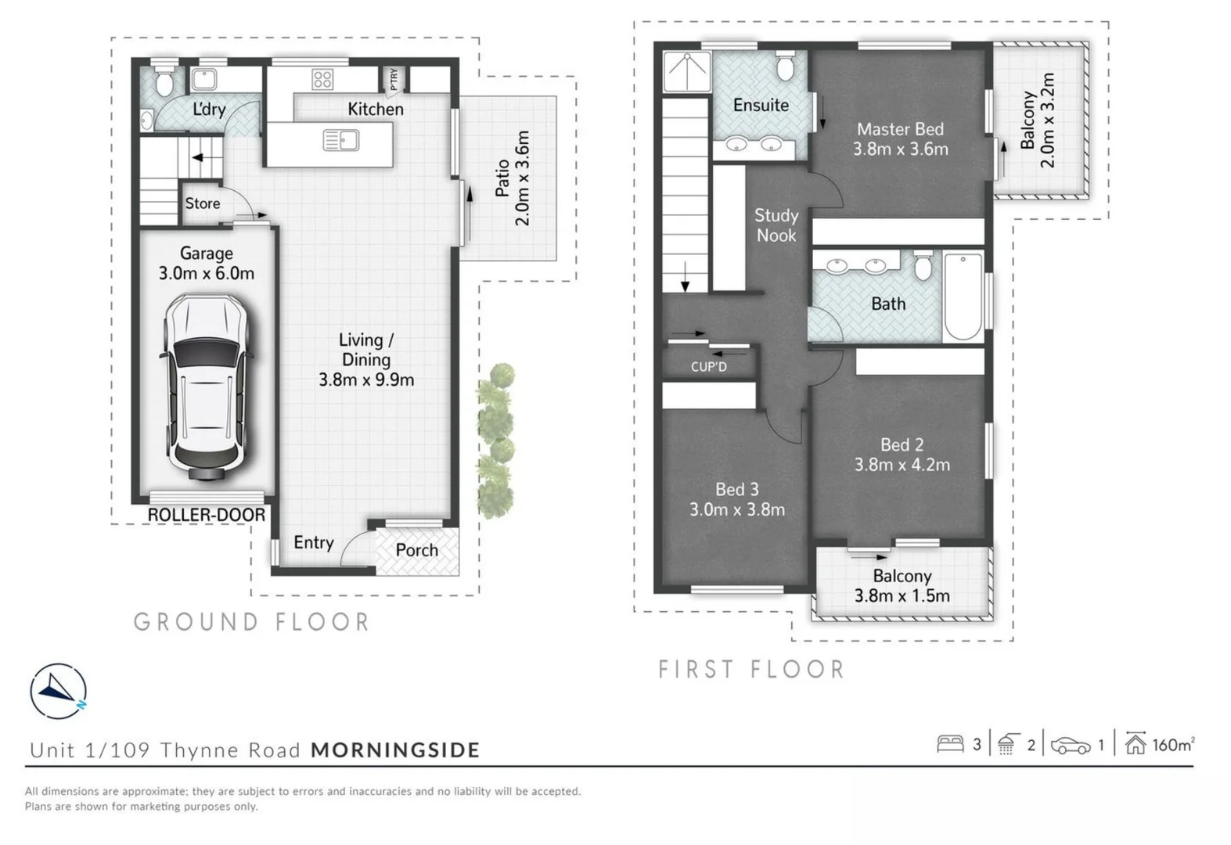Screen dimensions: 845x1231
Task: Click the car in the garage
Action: click(x=206, y=387)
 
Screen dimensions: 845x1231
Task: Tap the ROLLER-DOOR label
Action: click(x=207, y=515)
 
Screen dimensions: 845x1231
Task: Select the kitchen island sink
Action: click(x=340, y=141)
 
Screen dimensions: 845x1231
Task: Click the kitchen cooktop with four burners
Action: click(x=322, y=78)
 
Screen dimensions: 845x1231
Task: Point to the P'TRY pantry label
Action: click(x=393, y=78)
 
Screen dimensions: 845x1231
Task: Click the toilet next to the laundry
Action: click(x=164, y=82)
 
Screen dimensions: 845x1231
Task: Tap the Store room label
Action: click(x=202, y=203)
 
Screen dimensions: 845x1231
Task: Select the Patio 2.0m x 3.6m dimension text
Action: click(x=513, y=178)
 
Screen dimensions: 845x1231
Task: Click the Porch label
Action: click(x=416, y=550)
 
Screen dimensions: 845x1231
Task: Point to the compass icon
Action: click(x=58, y=691)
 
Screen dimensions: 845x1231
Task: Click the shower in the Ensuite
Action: click(x=686, y=71)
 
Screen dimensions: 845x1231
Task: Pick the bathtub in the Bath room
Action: click(x=963, y=297)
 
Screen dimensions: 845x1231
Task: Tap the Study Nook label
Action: click(x=776, y=225)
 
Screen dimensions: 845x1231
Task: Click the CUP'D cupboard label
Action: click(x=708, y=366)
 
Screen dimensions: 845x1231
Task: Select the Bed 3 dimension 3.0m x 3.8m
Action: click(x=736, y=510)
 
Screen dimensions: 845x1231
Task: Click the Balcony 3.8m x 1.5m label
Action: click(x=902, y=585)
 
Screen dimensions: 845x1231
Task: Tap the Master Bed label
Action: click(x=900, y=129)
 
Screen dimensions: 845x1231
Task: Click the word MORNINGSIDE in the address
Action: click(x=395, y=750)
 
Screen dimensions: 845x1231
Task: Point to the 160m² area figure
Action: click(x=1172, y=745)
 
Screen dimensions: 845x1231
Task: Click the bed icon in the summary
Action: click(x=950, y=743)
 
